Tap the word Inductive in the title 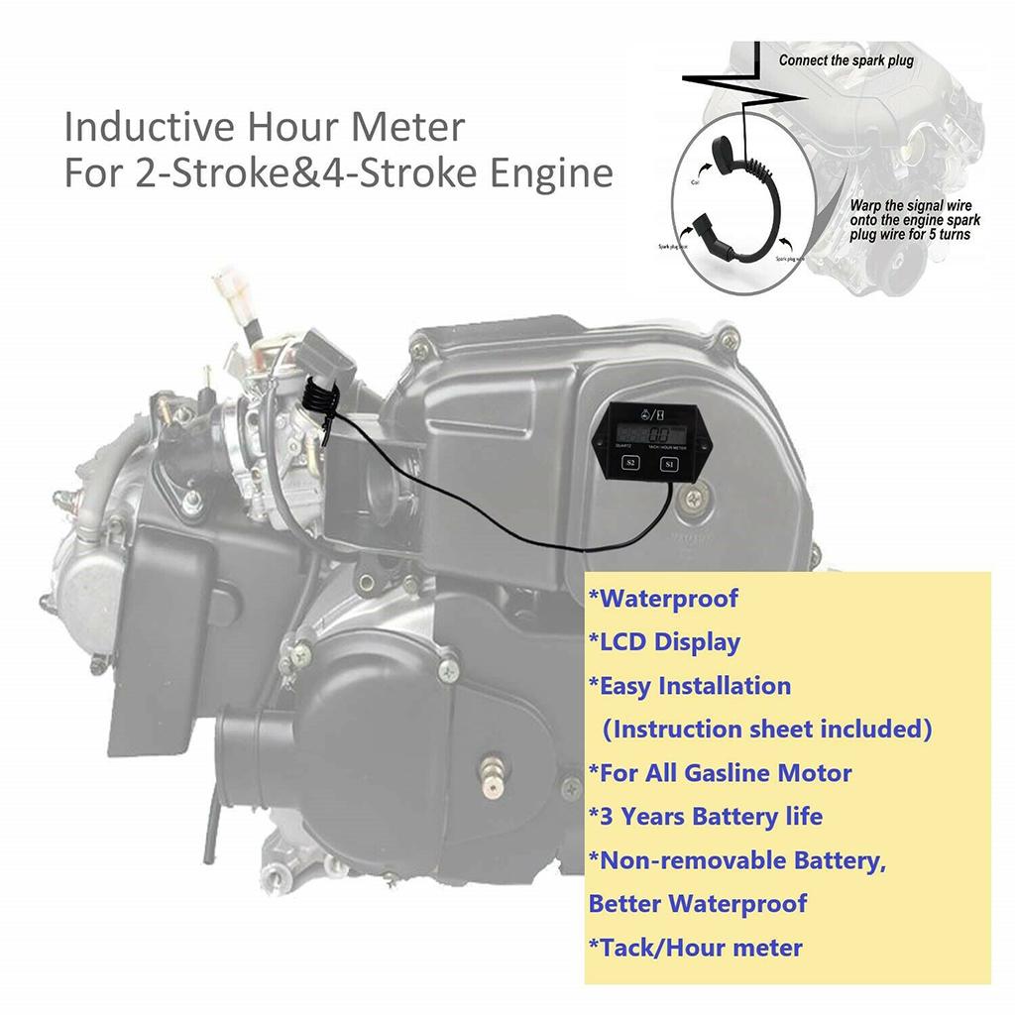pyautogui.click(x=138, y=127)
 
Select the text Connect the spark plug pyautogui.click(x=846, y=60)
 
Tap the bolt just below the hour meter pyautogui.click(x=684, y=507)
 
